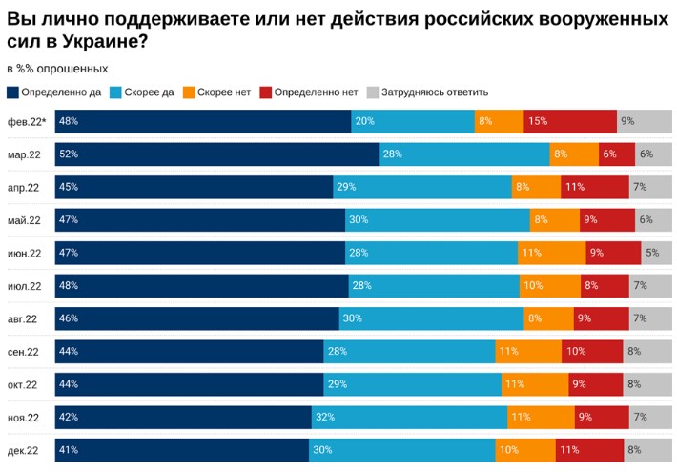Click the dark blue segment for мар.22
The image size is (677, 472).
point(216,154)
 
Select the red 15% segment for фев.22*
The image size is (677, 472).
point(570,121)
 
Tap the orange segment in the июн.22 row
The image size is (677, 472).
point(551,253)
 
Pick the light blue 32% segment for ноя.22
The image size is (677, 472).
point(409,417)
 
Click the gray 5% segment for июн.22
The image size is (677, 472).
point(656,253)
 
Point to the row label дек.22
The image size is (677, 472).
point(23,450)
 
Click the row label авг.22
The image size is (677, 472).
point(23,318)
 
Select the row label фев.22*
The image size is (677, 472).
point(26,121)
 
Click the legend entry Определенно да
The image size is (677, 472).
point(54,92)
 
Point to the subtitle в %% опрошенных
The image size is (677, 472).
point(57,69)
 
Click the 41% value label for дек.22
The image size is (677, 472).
point(68,450)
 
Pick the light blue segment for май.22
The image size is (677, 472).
point(437,220)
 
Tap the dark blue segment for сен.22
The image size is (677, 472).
point(189,351)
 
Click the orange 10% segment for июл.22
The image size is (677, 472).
point(549,285)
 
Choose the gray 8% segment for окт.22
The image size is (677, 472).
point(648,384)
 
